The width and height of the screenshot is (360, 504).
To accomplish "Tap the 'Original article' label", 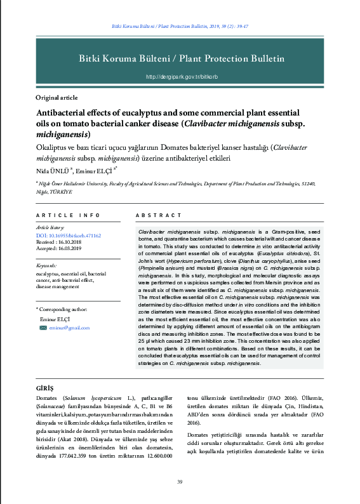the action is point(57,98).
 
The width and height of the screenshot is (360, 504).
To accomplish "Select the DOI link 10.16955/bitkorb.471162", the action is point(68,235).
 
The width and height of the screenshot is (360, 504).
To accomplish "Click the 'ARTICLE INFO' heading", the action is point(68,216).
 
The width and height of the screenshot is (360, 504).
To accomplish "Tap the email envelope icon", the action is point(43,328).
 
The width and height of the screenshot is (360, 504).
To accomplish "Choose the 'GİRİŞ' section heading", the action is point(44,387).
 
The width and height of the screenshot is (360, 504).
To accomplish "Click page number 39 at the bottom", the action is point(180,483).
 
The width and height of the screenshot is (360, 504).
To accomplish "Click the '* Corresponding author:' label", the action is point(62,310).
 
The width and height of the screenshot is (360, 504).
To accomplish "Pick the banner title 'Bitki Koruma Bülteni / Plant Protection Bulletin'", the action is point(181,58).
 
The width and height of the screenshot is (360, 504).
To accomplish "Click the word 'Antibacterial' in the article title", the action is point(64,112).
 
